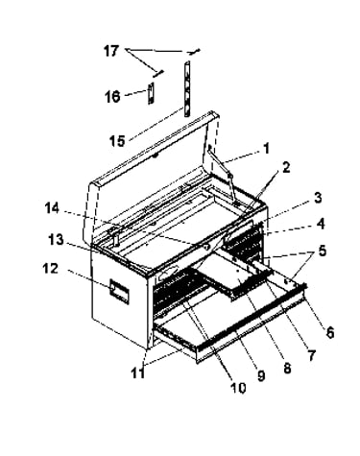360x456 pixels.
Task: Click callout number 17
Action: (111, 51)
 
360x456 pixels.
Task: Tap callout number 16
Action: (112, 96)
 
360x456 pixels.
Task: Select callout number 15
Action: (117, 140)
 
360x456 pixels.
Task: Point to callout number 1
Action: (266, 149)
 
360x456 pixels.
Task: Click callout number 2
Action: (285, 167)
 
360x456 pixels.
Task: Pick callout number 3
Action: (318, 198)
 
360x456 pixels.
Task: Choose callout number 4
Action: (321, 224)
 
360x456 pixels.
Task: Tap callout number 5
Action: (322, 251)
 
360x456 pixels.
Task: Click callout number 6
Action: (329, 332)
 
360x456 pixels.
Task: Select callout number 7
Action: (311, 355)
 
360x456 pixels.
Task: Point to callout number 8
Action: (287, 368)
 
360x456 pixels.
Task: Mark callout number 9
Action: (261, 375)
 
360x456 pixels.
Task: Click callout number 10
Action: (238, 388)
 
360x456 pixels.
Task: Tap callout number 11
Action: (138, 372)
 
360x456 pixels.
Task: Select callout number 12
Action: (51, 269)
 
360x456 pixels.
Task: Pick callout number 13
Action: (56, 239)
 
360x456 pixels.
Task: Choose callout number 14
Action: (52, 208)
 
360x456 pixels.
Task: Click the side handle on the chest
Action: (120, 291)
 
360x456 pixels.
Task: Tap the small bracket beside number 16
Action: (151, 93)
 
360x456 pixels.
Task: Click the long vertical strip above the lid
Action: (187, 88)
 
